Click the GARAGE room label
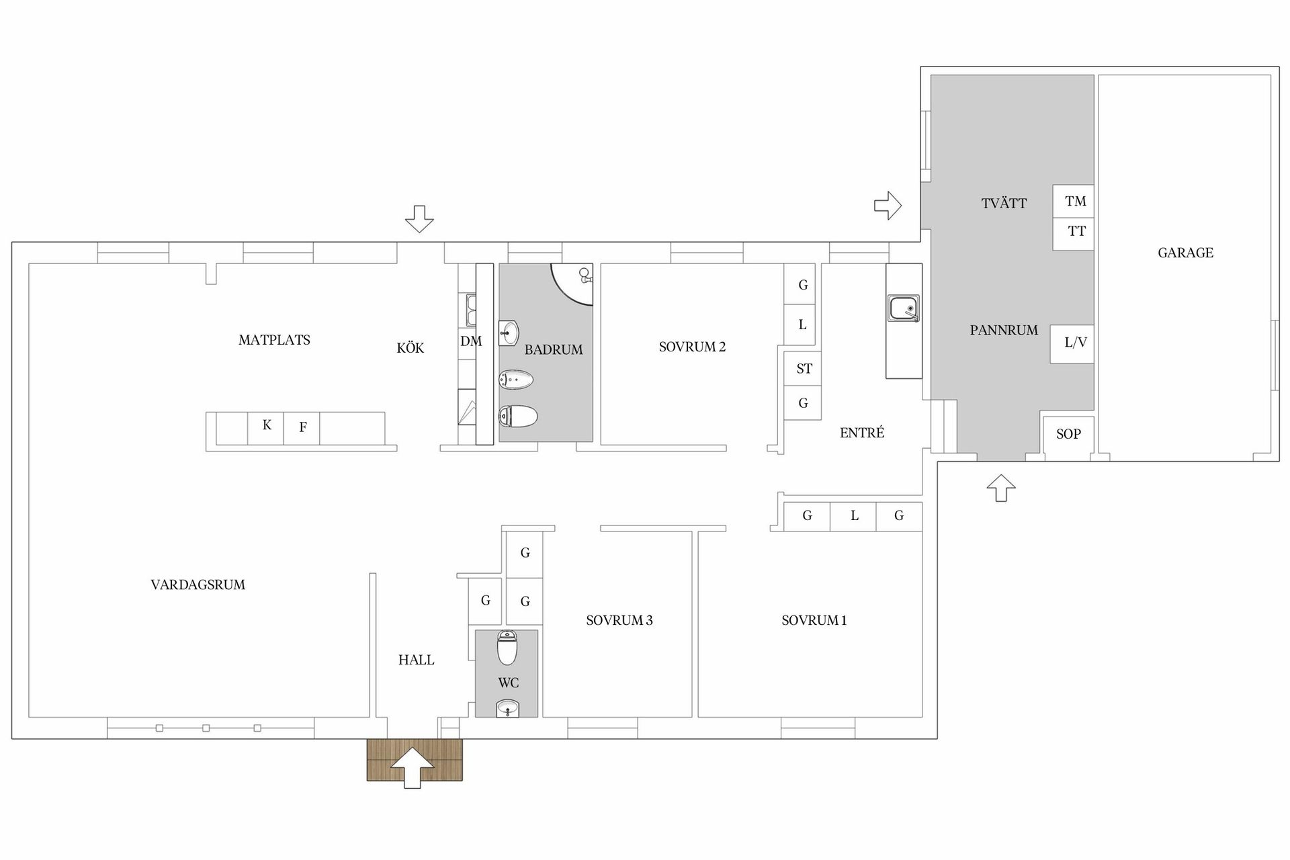click(1185, 253)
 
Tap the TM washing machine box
click(1073, 201)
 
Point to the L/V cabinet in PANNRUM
click(1072, 344)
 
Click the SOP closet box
click(1068, 435)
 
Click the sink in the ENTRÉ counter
click(904, 309)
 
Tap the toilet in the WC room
click(507, 647)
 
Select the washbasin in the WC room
click(507, 708)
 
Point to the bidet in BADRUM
click(516, 381)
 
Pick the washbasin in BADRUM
click(509, 331)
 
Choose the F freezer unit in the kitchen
click(302, 428)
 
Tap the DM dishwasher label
click(471, 341)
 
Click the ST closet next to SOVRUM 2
click(803, 368)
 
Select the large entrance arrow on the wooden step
click(413, 767)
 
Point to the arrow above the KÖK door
click(420, 219)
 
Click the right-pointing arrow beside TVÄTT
click(888, 205)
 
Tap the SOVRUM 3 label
click(619, 621)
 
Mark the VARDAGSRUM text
click(198, 585)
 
